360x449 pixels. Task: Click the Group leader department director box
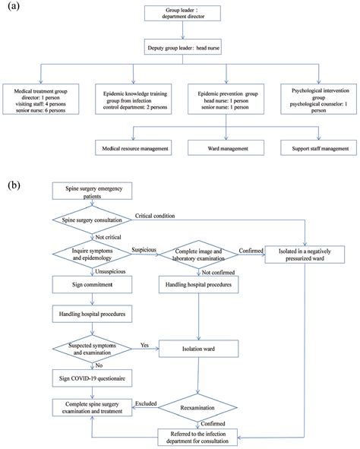click(x=180, y=15)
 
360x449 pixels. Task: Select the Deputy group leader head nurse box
click(x=180, y=48)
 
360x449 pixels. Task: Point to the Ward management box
click(x=223, y=146)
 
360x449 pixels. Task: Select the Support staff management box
click(x=313, y=146)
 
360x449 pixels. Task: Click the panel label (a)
click(x=13, y=7)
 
